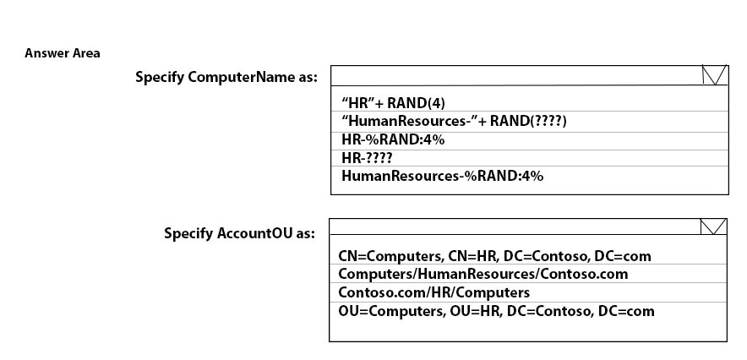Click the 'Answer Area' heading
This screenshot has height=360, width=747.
[63, 53]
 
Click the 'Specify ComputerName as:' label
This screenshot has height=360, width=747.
[226, 77]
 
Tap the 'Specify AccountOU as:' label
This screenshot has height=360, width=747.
[240, 233]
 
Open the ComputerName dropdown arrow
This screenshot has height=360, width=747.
[715, 75]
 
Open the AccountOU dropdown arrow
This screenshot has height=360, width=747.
[713, 226]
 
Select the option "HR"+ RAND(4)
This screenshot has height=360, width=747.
[393, 103]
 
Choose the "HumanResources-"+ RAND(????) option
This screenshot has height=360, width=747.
[454, 121]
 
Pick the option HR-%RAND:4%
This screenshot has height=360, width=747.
[393, 140]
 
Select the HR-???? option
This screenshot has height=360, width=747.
[367, 158]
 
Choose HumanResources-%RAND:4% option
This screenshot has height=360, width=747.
[442, 176]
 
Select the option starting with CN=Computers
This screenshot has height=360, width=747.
[494, 256]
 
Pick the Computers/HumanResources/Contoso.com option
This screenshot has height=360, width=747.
[483, 275]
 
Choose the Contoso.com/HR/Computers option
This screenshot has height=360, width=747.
[434, 292]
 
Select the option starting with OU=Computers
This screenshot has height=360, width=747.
[496, 312]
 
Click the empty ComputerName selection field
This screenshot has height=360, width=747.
[516, 75]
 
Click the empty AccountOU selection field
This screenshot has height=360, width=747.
[515, 226]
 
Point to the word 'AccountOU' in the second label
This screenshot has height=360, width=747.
[254, 233]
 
